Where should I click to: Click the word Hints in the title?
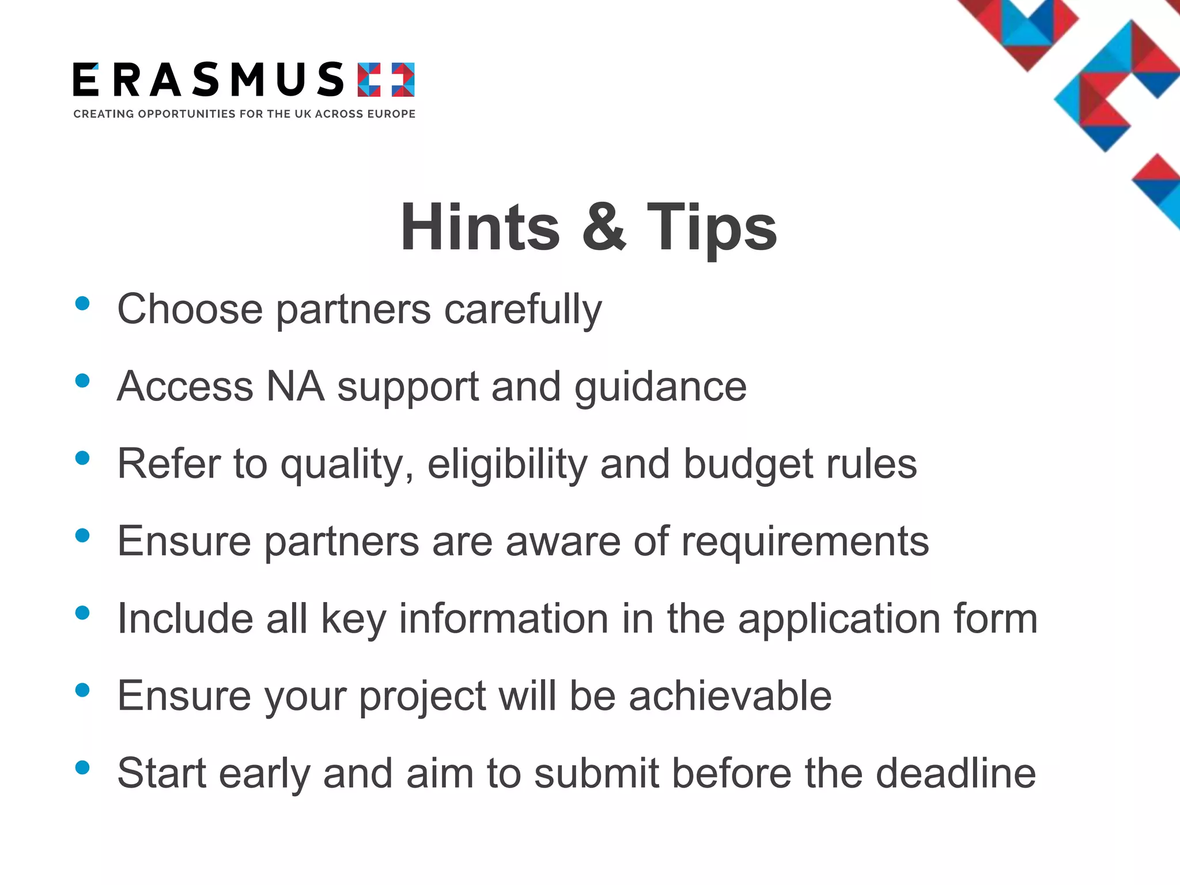click(x=480, y=228)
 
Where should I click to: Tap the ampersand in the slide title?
click(x=603, y=228)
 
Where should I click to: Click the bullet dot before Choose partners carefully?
click(x=82, y=304)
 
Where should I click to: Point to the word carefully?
click(x=523, y=310)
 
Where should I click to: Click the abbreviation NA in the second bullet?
click(x=295, y=386)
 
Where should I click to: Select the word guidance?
click(x=660, y=388)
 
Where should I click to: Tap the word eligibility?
click(x=507, y=464)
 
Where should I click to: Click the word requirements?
click(x=805, y=542)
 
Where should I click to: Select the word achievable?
click(x=730, y=696)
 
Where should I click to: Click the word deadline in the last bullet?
click(x=956, y=773)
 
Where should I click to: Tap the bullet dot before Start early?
click(x=82, y=767)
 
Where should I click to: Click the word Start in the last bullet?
click(x=162, y=773)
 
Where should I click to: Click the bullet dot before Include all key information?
click(x=82, y=612)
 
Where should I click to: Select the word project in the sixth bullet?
click(x=422, y=697)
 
